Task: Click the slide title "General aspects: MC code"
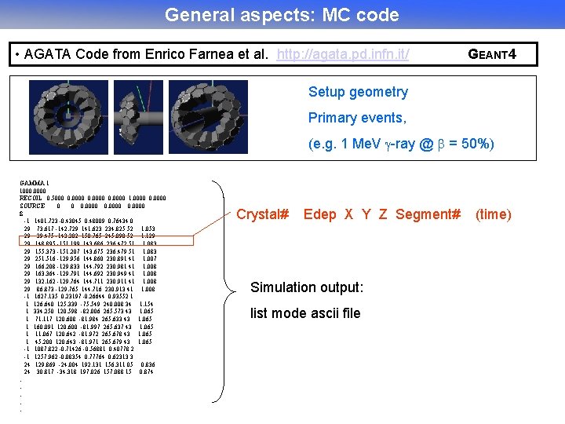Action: click(282, 15)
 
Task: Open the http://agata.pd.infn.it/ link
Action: click(343, 54)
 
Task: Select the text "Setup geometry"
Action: click(358, 92)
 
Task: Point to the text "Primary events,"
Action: click(357, 118)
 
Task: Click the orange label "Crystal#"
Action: click(263, 214)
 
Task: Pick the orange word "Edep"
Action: click(319, 214)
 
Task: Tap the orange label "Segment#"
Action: click(428, 214)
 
